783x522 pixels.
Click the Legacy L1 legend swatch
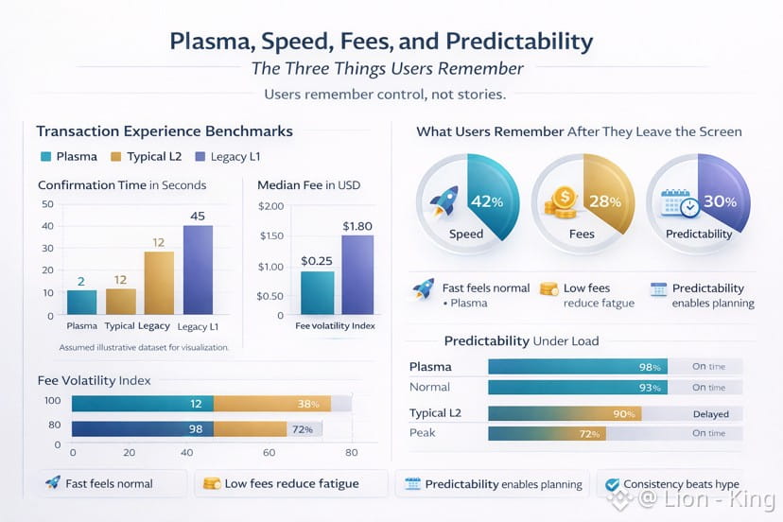click(201, 157)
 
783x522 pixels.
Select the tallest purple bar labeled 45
click(198, 269)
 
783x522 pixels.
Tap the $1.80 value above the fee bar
click(357, 226)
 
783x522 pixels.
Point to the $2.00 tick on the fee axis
click(270, 207)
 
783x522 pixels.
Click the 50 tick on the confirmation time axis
click(47, 204)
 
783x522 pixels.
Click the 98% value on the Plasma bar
click(649, 367)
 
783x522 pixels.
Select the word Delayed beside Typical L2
click(711, 414)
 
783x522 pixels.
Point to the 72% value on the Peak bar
click(589, 434)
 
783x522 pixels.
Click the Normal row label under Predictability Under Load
click(429, 387)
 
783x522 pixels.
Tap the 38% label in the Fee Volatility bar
click(307, 404)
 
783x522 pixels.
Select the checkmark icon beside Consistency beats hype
click(611, 483)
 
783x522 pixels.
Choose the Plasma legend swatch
click(45, 157)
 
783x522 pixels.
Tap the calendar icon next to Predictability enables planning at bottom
click(412, 483)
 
